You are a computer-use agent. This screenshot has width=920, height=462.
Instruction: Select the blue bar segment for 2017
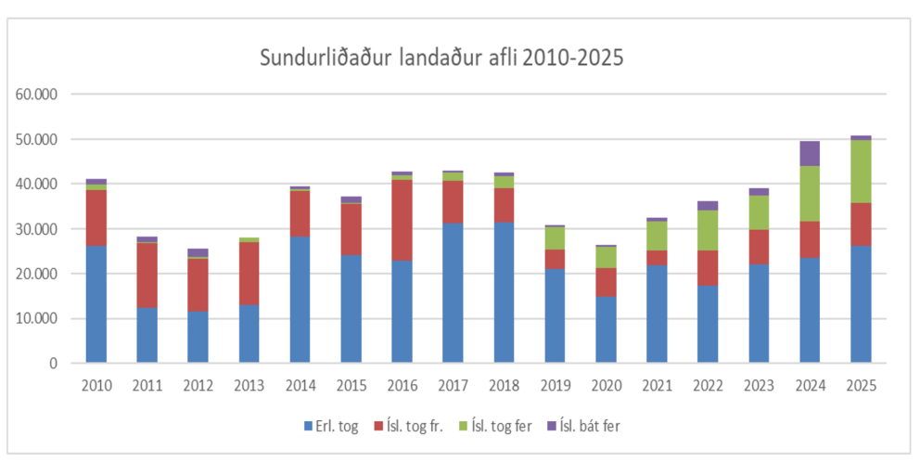453,292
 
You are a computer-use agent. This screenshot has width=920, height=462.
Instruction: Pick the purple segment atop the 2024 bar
810,153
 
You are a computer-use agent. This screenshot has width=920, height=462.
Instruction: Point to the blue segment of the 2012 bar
198,337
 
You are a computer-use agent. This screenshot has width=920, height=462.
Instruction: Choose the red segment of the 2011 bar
147,275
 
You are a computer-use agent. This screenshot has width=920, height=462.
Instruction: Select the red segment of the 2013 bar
249,274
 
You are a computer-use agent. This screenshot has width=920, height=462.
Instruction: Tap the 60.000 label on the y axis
38,95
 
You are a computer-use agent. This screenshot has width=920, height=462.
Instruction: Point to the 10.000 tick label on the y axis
38,318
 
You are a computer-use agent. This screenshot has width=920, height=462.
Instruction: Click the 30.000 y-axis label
38,229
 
